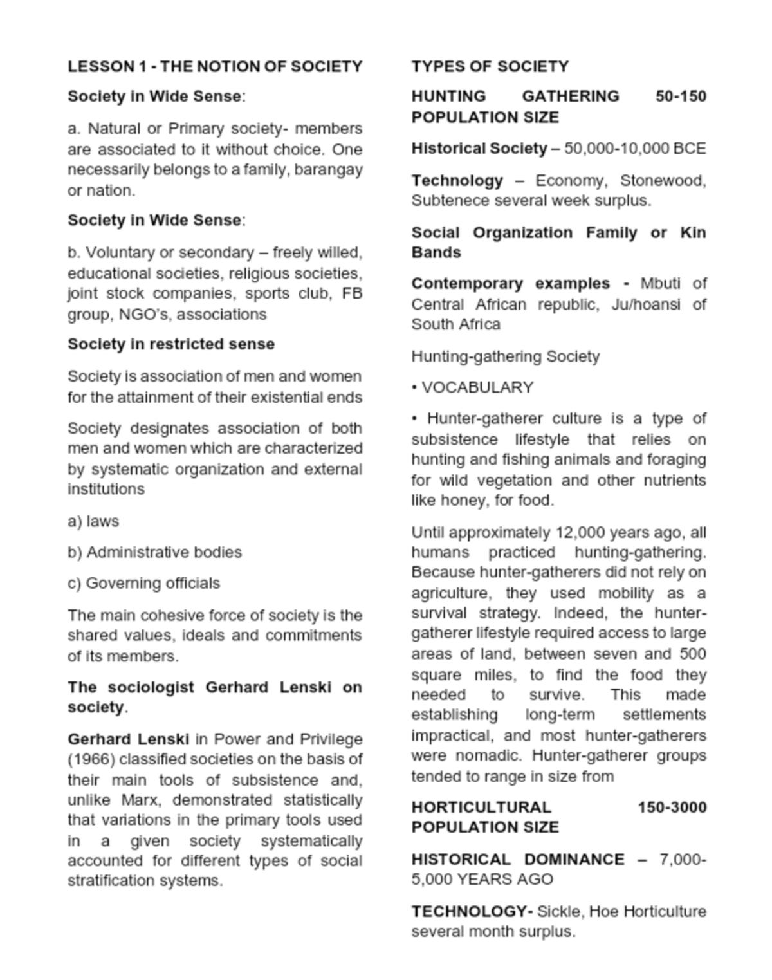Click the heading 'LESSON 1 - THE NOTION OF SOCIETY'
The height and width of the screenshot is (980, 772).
(215, 67)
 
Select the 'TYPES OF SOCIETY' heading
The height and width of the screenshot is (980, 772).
(490, 67)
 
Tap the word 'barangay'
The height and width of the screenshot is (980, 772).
(328, 170)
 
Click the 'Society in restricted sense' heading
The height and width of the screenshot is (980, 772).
(171, 344)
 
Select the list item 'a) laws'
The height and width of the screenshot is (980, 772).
(93, 521)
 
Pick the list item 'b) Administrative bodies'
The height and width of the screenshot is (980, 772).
(154, 552)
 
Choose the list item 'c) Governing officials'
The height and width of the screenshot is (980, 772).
(143, 583)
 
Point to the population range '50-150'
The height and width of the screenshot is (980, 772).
(681, 97)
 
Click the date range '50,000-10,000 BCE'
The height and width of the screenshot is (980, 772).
(635, 149)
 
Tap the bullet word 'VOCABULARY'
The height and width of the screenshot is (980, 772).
(477, 387)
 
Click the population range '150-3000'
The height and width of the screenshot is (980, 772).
(672, 808)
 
